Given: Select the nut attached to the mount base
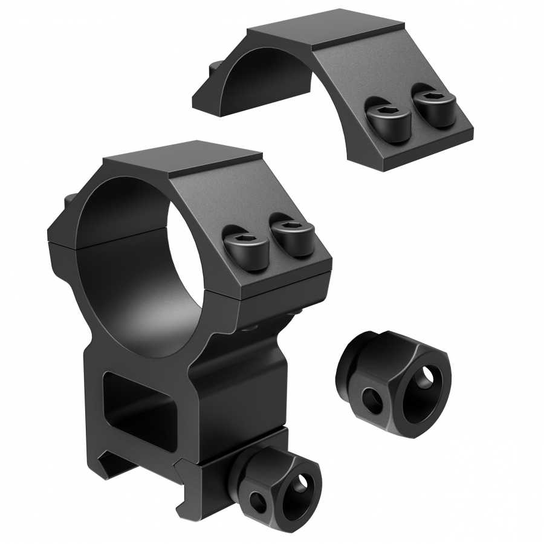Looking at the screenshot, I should click(276, 484).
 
